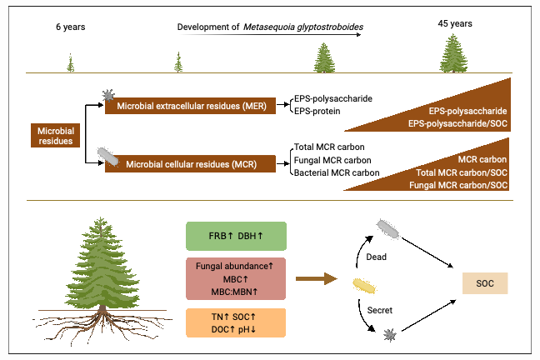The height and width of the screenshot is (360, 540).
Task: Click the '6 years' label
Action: coord(70,27)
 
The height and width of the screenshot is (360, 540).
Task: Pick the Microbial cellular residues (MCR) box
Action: coord(190,163)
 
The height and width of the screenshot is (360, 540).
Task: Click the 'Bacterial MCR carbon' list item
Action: coord(337,172)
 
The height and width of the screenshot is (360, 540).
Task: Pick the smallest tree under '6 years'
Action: coord(70,62)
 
